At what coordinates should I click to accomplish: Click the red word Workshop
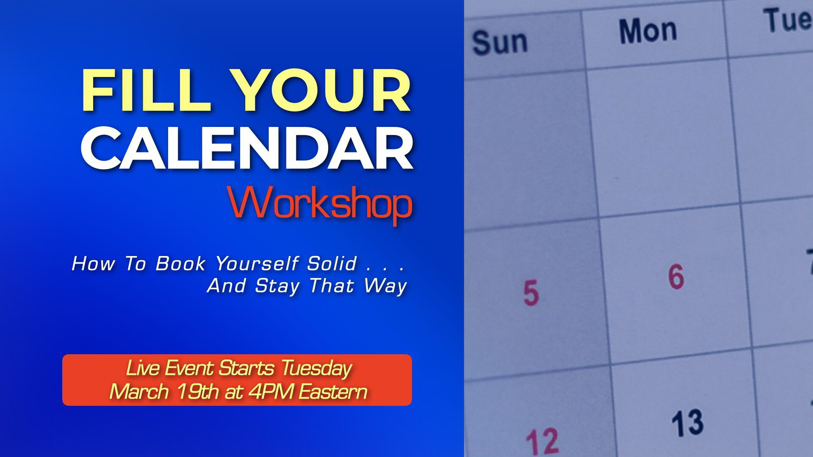tap(320, 204)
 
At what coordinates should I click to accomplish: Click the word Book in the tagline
tap(180, 264)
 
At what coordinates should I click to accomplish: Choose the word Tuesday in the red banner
tap(316, 369)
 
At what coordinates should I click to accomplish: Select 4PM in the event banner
tap(270, 391)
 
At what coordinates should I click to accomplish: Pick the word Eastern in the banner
tap(333, 391)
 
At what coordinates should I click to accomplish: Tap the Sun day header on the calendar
tap(500, 43)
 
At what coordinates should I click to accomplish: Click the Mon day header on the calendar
tap(648, 31)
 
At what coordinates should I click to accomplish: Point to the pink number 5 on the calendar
tap(531, 293)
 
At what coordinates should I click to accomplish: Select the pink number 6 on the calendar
tap(676, 276)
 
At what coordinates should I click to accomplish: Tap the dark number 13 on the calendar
tap(688, 422)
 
